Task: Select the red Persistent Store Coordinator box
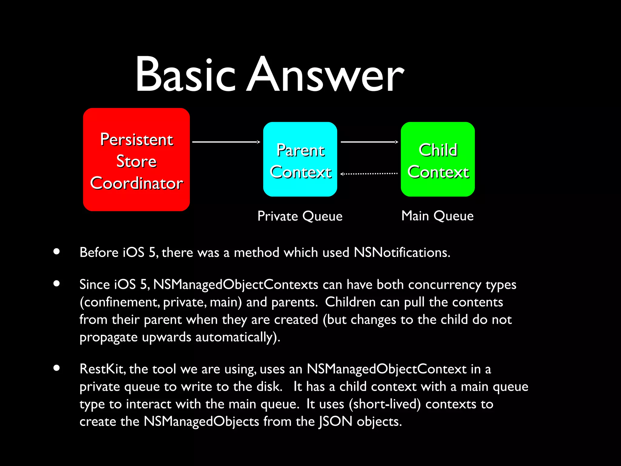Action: [x=136, y=160]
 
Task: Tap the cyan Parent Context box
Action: [x=300, y=159]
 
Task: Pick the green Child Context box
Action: [x=438, y=159]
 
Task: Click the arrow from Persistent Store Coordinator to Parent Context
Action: [x=226, y=142]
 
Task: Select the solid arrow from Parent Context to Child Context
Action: [x=369, y=142]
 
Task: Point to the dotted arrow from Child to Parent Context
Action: [x=369, y=174]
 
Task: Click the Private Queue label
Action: [x=300, y=216]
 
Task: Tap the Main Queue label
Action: [x=437, y=216]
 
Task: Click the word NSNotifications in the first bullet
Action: [x=402, y=252]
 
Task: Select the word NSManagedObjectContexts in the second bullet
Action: [x=236, y=285]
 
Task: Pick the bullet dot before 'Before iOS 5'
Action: [x=56, y=251]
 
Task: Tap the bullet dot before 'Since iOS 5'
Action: [x=56, y=284]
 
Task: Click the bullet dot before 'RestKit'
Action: [x=56, y=368]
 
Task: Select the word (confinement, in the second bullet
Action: [x=119, y=302]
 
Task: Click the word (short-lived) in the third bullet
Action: [x=385, y=404]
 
